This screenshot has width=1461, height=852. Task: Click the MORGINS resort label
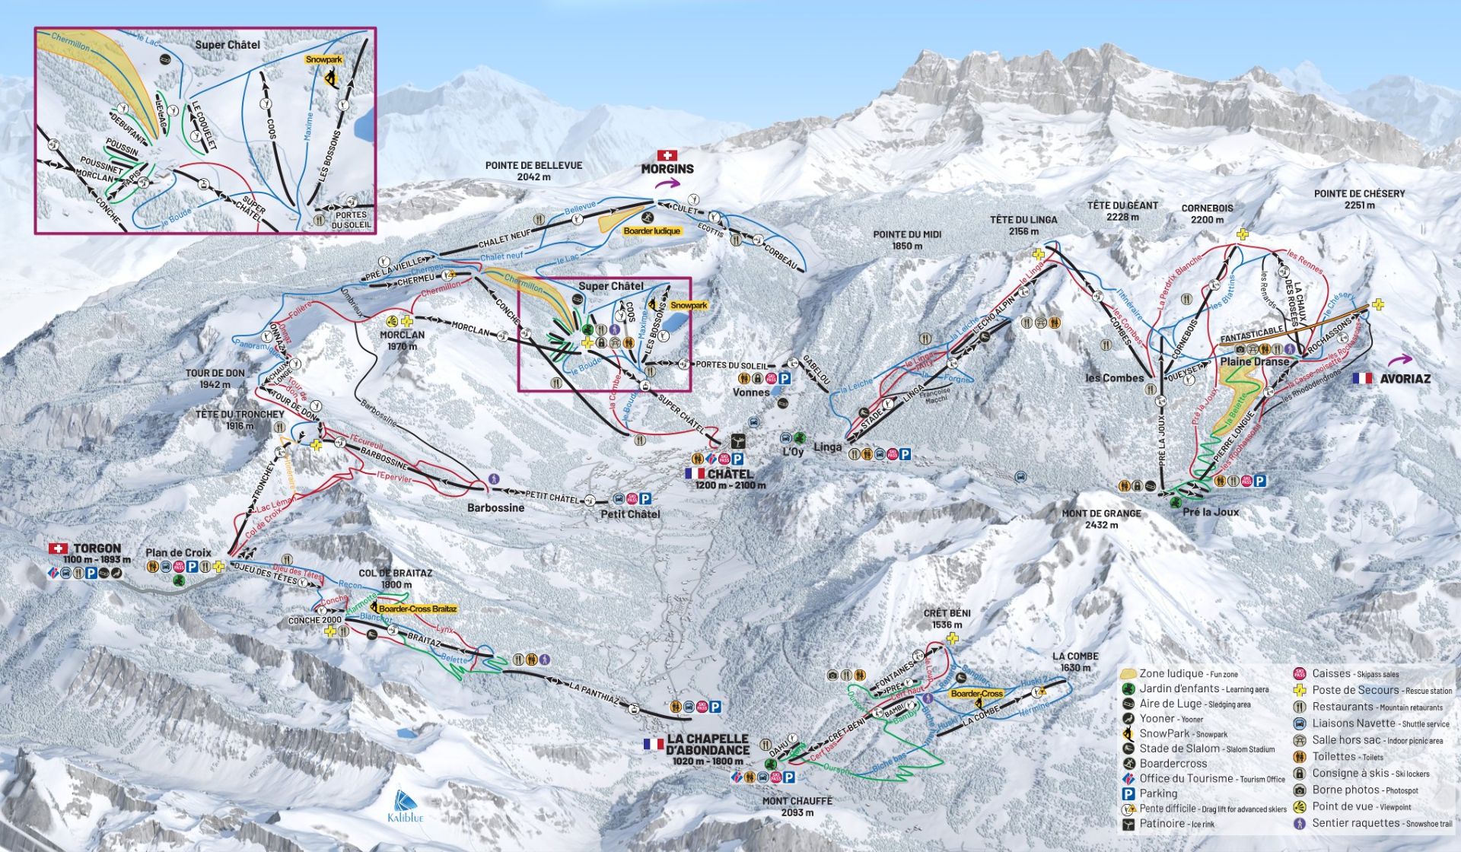point(667,169)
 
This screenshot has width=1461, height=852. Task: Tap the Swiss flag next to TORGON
point(58,548)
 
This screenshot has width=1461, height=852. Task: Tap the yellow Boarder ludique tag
point(651,230)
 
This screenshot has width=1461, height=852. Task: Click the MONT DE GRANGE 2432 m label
point(1101,519)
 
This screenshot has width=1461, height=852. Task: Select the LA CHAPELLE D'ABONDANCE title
point(707,745)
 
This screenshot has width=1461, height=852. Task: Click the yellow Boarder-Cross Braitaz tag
point(418,609)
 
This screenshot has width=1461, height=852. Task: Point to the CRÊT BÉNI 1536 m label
point(947,618)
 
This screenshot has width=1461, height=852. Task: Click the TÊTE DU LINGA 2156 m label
point(1023,225)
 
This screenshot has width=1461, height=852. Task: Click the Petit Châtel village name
point(629,514)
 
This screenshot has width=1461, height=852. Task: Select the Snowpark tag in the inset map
point(323,59)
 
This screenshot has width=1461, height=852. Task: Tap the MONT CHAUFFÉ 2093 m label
point(797,806)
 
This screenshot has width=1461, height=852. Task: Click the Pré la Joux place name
point(1211,512)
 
